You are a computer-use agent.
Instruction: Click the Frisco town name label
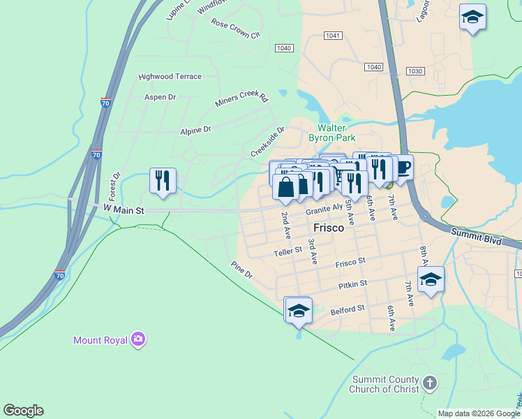[329, 228]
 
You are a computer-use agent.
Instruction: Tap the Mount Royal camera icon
[138, 339]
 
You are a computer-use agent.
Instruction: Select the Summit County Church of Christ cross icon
[430, 383]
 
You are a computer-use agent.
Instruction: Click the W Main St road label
[124, 209]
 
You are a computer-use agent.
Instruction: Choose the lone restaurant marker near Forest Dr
[163, 181]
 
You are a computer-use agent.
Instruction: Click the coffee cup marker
[403, 168]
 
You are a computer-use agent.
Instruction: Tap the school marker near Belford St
[299, 310]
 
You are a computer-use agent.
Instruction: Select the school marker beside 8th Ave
[431, 279]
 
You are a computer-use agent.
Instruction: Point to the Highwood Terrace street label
[170, 77]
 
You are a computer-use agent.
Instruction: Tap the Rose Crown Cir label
[235, 29]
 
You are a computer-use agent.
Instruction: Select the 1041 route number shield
[332, 36]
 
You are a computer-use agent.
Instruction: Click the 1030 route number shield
[417, 71]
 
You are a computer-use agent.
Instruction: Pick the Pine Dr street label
[241, 270]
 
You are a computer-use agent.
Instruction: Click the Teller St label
[288, 250]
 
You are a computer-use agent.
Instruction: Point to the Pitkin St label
[353, 284]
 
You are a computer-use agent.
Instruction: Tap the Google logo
[23, 411]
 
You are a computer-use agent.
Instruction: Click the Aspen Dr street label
[160, 97]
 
